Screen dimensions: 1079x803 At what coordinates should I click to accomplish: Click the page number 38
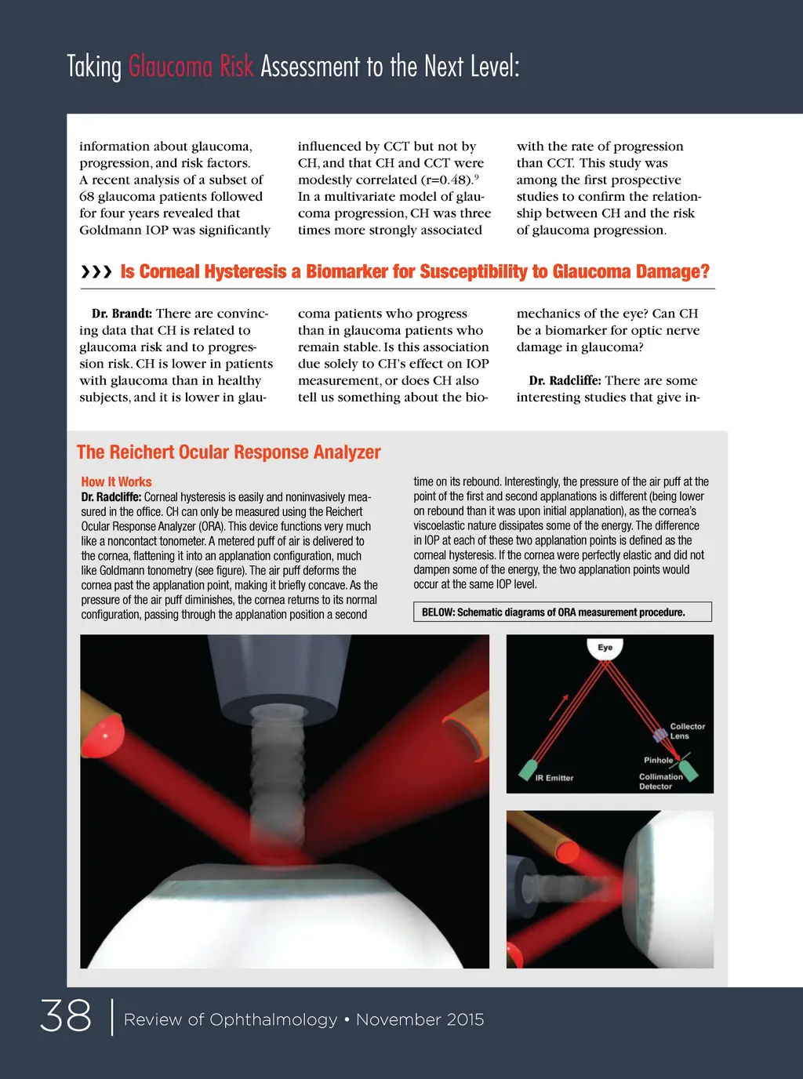click(x=66, y=1016)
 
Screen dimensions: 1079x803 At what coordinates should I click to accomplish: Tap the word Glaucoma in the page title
click(x=170, y=67)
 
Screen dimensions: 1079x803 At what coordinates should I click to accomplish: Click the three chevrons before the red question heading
click(x=96, y=272)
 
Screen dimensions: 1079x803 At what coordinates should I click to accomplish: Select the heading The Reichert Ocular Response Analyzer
click(x=228, y=452)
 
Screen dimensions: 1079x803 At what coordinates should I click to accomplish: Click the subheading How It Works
click(x=116, y=482)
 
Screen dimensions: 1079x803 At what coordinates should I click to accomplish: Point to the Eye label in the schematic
click(x=605, y=648)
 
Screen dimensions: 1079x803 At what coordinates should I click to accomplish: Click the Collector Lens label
click(x=687, y=731)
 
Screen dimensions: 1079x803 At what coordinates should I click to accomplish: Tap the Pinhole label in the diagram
click(x=658, y=760)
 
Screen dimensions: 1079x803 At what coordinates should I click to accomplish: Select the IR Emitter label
click(x=554, y=778)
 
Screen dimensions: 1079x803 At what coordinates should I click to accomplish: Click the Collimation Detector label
click(x=660, y=781)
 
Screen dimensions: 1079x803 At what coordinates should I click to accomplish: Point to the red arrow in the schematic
click(x=558, y=707)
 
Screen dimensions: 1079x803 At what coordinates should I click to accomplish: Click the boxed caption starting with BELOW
click(x=562, y=612)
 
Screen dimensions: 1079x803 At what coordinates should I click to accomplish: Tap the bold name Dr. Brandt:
click(x=122, y=314)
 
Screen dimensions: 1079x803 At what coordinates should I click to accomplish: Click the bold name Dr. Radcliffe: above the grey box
click(x=565, y=380)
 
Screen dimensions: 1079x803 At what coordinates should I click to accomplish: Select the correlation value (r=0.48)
click(x=445, y=180)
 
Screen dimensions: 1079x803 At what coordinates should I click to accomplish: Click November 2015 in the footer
click(x=420, y=1019)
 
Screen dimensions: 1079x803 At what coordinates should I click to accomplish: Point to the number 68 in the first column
click(x=87, y=197)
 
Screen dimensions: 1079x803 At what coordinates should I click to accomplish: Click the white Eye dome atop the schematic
click(x=605, y=648)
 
